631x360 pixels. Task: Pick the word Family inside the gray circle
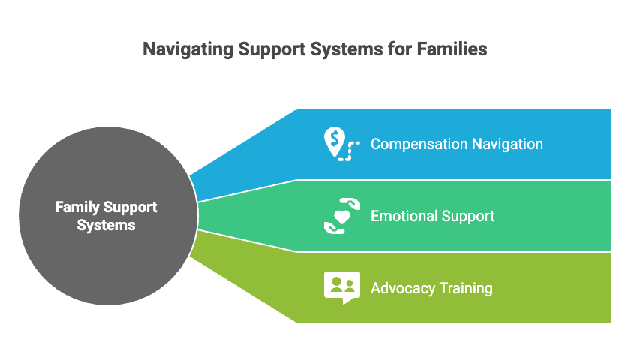click(76, 207)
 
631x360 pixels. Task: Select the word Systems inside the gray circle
click(107, 224)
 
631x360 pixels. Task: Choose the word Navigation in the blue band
click(506, 144)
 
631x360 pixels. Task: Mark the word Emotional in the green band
click(402, 216)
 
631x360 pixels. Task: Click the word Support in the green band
click(466, 216)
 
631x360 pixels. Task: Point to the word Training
click(465, 288)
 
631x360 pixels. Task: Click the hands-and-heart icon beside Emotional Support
click(342, 216)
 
